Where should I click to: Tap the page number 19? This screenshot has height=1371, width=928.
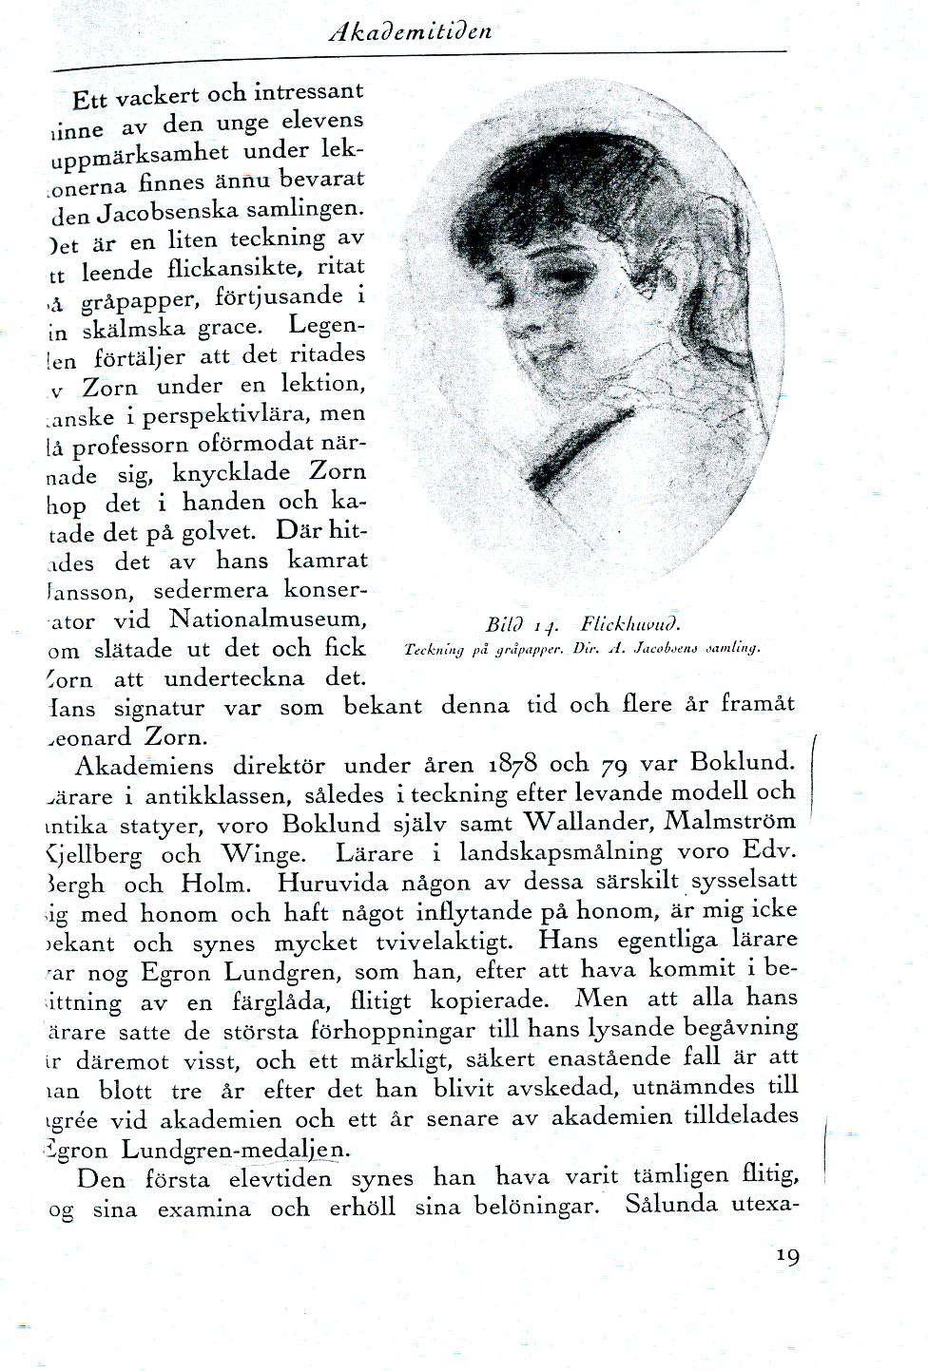pyautogui.click(x=787, y=1256)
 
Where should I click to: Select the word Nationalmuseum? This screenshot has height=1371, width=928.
pyautogui.click(x=267, y=619)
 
